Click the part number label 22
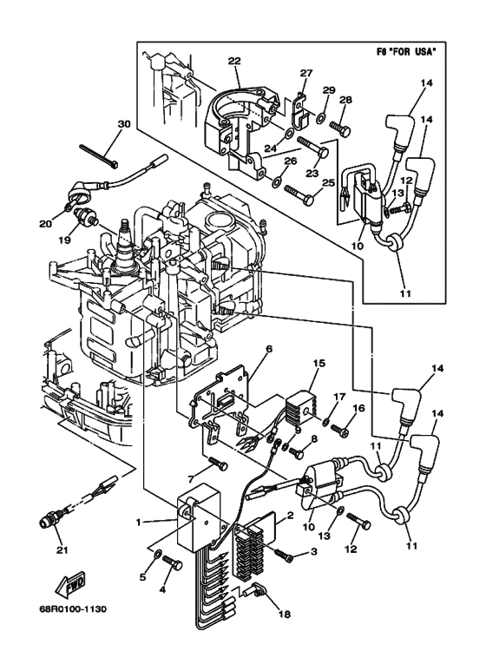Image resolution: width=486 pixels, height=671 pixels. click(x=234, y=60)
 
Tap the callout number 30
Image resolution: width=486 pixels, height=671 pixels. click(x=123, y=124)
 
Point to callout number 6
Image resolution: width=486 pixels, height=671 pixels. click(x=268, y=349)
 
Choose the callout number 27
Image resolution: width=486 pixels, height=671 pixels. click(x=306, y=73)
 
